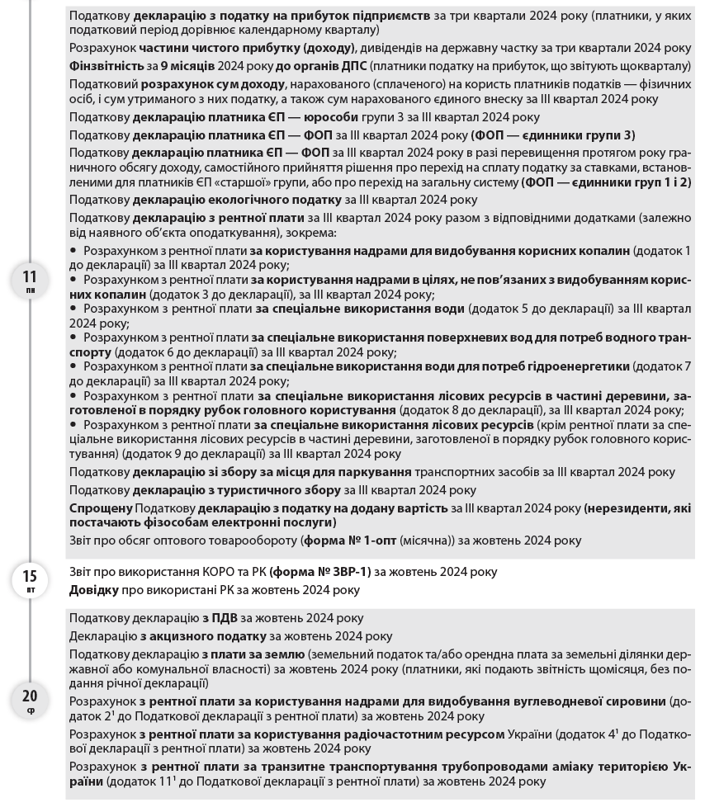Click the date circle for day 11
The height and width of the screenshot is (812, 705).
tap(31, 281)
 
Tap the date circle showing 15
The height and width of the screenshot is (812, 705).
tap(31, 579)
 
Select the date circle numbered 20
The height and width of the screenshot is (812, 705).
tap(31, 701)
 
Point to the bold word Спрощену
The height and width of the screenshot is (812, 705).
tap(101, 507)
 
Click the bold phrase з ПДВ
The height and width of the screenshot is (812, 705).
tap(217, 618)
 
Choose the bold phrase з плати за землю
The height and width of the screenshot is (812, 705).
tap(253, 654)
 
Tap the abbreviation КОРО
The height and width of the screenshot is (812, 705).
tap(189, 572)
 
